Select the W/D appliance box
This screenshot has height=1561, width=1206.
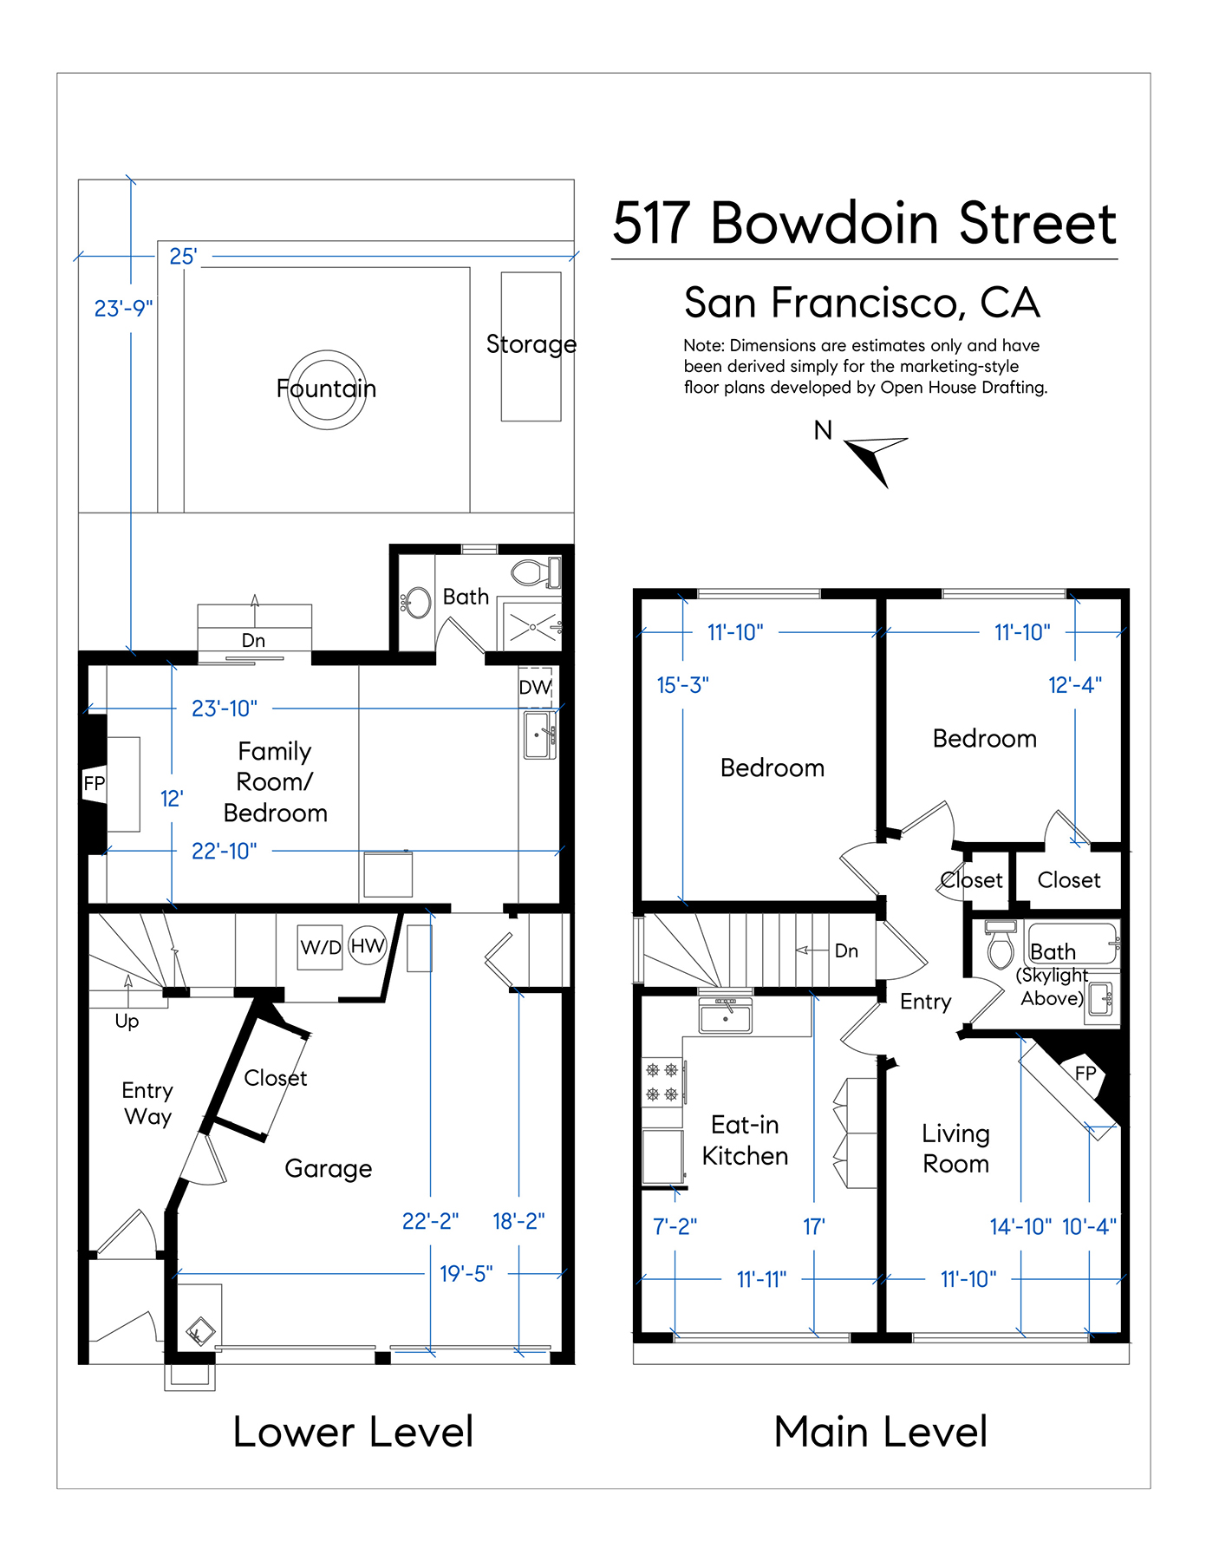320,946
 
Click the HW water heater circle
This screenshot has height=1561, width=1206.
367,945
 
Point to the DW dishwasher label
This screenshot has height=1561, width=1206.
535,688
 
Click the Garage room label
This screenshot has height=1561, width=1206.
328,1169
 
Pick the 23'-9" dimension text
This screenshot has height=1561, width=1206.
123,309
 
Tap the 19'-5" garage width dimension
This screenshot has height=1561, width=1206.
466,1274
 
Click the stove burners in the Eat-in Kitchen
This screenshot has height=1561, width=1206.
662,1081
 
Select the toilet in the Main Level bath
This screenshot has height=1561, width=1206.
1001,945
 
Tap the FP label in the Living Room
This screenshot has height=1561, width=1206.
1085,1073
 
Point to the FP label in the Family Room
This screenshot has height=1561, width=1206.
94,784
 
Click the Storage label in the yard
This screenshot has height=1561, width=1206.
531,344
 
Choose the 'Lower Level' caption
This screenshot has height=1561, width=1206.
353,1432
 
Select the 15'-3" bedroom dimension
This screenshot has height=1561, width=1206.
682,685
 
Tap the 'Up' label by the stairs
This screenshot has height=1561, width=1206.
127,1022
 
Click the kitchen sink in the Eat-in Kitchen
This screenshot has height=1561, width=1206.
726,1016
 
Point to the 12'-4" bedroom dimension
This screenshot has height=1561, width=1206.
1075,685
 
